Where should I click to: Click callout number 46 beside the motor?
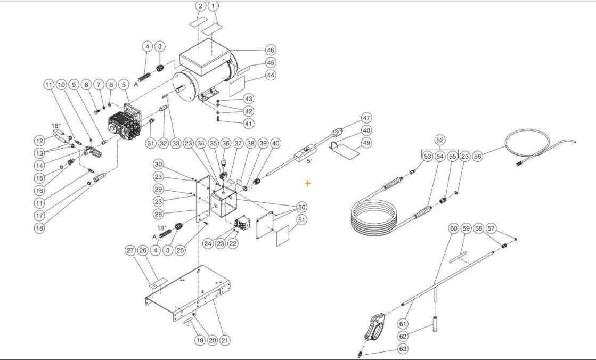coord(271,50)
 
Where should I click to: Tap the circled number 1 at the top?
coord(213,6)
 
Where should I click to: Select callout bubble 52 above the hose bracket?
coord(439,140)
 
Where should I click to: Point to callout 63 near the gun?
coord(403,349)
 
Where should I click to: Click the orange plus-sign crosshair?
coord(308,183)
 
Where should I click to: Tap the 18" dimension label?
coord(56,126)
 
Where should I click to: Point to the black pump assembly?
coord(124,124)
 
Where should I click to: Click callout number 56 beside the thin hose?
coord(477,156)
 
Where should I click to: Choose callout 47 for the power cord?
coord(366,118)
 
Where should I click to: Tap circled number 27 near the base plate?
coord(130,250)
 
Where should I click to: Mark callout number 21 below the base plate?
coord(225,340)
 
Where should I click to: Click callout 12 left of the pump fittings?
coord(39,141)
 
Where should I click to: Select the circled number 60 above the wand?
coord(453,228)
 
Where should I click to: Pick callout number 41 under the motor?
coord(249,124)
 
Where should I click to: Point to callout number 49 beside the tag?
coord(366,143)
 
